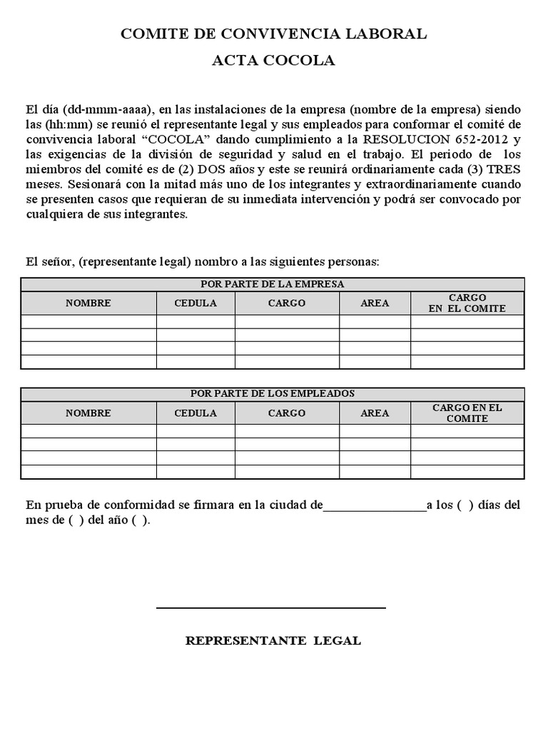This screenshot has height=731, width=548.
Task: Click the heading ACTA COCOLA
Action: click(273, 61)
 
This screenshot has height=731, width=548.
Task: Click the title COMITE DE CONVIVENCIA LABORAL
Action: click(273, 34)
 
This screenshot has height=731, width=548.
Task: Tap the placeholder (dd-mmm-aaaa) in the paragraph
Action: click(108, 110)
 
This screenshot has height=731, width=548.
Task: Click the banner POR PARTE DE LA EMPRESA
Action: click(273, 284)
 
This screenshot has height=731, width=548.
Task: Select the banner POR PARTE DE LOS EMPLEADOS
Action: click(273, 394)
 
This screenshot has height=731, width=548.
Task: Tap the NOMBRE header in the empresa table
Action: click(88, 303)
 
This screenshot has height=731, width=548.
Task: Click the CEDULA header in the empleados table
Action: click(196, 413)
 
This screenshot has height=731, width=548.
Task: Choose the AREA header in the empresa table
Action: click(375, 303)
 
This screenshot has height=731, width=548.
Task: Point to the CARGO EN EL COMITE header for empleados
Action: click(467, 413)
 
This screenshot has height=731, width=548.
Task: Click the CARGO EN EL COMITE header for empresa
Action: click(467, 303)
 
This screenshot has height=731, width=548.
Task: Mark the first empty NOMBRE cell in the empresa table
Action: click(88, 322)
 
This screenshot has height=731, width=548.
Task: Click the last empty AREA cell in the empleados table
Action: click(375, 472)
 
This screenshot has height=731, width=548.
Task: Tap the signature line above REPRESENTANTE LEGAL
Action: click(271, 608)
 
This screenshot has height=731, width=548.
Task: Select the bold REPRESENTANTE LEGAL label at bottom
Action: click(273, 641)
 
